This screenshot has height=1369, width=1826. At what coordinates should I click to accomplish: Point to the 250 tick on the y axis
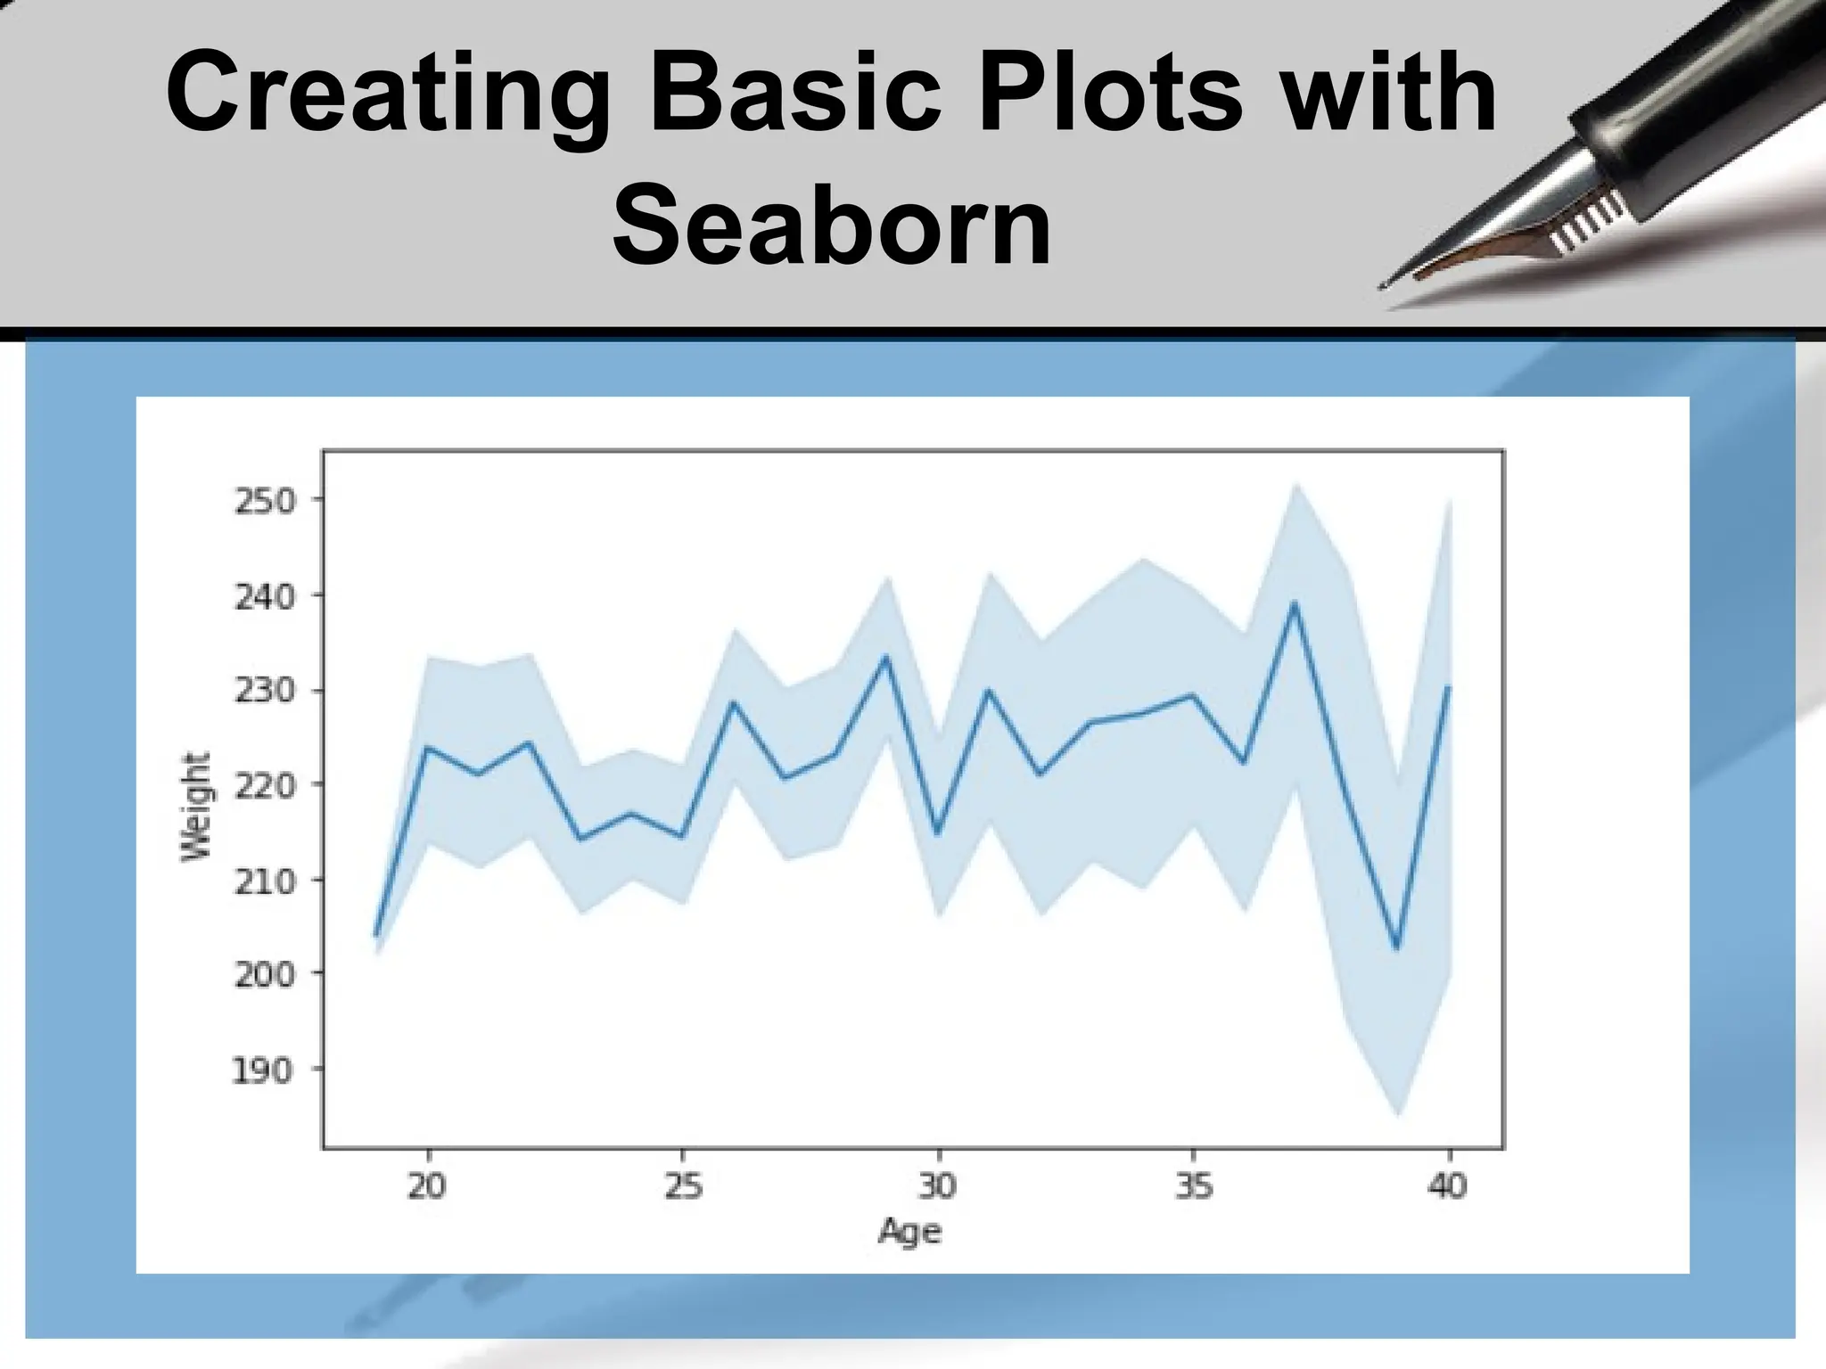pos(264,502)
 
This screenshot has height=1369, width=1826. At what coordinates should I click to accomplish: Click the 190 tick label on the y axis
pos(264,1070)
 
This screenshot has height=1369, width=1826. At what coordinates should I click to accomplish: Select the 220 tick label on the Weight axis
pos(264,785)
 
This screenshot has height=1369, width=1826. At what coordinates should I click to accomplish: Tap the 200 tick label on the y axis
pos(264,974)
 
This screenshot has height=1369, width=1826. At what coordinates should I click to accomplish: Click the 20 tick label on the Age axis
pos(427,1186)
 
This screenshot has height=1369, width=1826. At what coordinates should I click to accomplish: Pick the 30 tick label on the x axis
pos(937,1186)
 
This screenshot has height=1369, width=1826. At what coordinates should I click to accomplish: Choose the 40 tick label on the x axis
pos(1448,1186)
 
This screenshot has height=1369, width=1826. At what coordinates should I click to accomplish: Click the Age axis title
pos(909,1232)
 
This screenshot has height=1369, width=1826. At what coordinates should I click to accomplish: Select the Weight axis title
pos(196,807)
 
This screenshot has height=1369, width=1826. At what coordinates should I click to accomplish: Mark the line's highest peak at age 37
pos(1295,603)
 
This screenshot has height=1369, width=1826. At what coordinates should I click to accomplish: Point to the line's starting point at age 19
pos(376,935)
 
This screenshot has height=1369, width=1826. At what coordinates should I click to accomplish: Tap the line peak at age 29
pos(886,657)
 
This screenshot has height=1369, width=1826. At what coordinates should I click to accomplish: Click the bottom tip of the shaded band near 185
pos(1398,1113)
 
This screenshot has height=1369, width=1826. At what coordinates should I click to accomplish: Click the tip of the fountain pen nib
pos(1383,286)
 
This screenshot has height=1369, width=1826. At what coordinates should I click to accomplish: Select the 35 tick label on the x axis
pos(1193,1186)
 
